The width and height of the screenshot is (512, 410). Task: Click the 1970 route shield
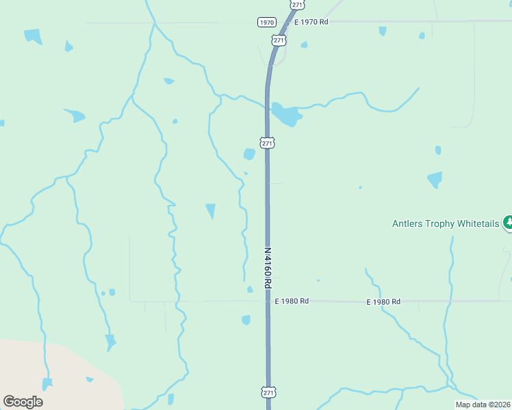(267, 23)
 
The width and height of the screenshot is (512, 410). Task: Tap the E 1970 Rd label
(311, 23)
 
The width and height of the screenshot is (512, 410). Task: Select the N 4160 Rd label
(268, 267)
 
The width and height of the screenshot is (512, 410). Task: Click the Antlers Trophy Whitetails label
(446, 223)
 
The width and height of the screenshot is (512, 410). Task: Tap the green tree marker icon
(508, 222)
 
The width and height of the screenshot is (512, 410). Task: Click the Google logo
(23, 402)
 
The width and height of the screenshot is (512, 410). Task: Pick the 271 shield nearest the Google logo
(268, 392)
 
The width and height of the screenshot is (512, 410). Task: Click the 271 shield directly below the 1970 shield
(279, 41)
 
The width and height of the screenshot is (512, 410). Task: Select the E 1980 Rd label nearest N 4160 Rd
(292, 301)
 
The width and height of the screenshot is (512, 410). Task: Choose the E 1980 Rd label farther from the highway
(383, 301)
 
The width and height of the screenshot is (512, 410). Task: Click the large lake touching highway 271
(286, 115)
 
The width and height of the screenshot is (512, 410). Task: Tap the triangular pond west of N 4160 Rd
(210, 210)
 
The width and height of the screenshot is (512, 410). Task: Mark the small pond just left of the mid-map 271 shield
(249, 154)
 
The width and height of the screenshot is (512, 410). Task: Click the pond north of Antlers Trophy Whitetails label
(435, 180)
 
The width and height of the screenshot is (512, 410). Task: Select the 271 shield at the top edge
(296, 4)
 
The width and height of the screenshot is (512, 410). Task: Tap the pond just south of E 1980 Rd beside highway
(246, 320)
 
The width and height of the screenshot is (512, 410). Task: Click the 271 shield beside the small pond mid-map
(268, 143)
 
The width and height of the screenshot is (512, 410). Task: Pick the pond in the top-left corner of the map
(32, 36)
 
